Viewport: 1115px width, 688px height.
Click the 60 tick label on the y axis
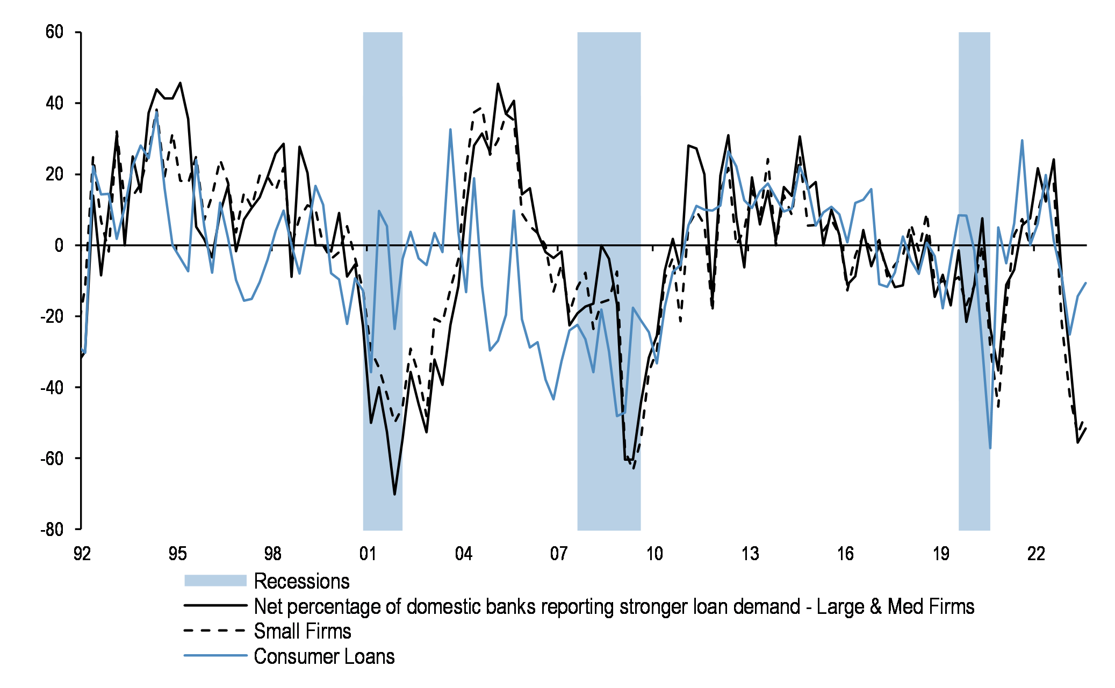(x=54, y=32)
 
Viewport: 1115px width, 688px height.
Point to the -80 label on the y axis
(x=52, y=530)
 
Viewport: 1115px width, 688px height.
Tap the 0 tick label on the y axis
(x=59, y=245)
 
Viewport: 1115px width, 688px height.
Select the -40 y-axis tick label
(x=52, y=387)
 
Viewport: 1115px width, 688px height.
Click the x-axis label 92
(x=82, y=554)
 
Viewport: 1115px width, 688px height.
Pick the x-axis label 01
(x=368, y=554)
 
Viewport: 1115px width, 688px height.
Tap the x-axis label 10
(x=654, y=554)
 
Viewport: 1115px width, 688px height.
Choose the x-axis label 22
(x=1035, y=554)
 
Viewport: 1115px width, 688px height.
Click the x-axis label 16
(x=845, y=554)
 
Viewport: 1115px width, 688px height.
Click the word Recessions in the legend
(x=301, y=581)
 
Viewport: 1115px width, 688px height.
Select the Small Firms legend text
(x=303, y=632)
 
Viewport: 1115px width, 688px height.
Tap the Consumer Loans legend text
(x=324, y=657)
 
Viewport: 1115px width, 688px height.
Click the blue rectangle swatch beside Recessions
(x=215, y=581)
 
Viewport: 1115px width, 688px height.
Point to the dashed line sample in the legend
(x=215, y=631)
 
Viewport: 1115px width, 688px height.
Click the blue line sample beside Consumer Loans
(x=215, y=656)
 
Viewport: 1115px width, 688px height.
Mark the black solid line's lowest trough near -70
(x=394, y=494)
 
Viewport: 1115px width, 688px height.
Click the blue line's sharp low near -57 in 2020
(x=990, y=447)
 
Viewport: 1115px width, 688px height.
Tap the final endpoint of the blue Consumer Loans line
(x=1085, y=283)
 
